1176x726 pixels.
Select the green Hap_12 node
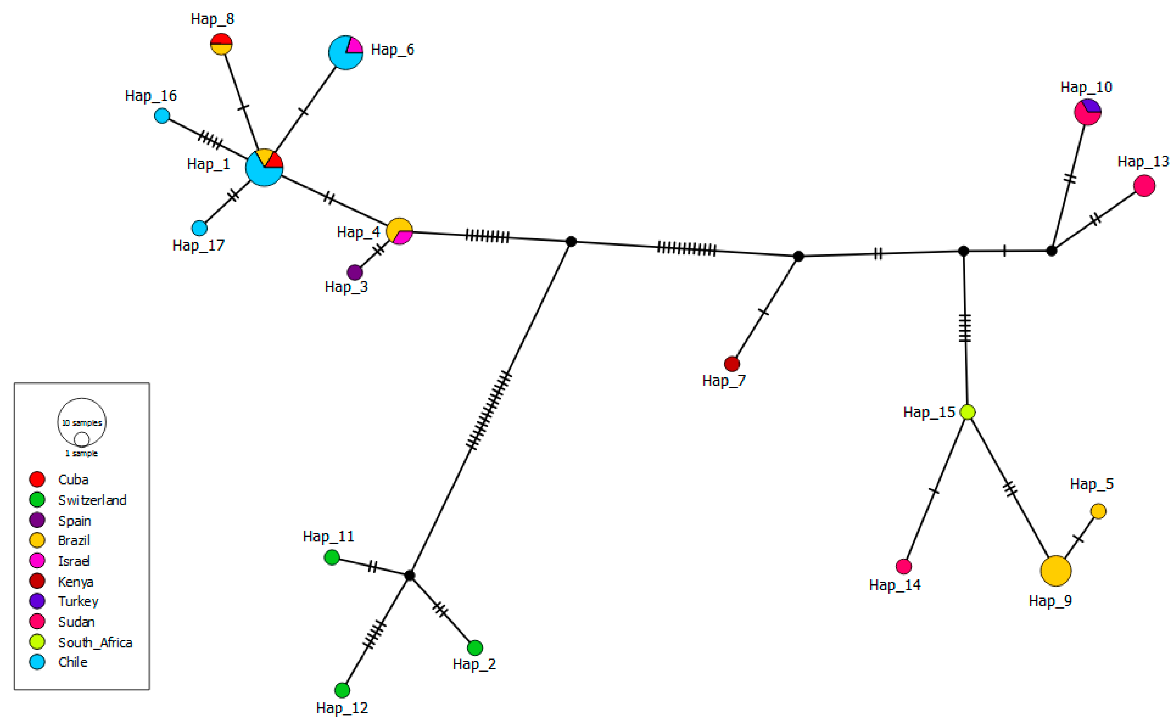point(342,690)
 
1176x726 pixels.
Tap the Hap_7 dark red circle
point(732,364)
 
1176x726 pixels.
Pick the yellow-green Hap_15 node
point(967,412)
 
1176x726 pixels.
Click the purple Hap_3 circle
point(354,272)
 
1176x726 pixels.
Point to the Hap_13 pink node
point(1144,185)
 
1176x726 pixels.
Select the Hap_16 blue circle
point(162,116)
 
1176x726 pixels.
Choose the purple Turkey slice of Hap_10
point(1090,105)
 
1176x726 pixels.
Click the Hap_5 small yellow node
point(1098,511)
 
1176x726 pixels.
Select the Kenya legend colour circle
point(37,581)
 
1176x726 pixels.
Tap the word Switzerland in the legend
point(92,500)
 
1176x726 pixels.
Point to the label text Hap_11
point(328,536)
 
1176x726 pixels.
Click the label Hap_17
point(198,245)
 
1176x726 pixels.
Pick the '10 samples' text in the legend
point(82,422)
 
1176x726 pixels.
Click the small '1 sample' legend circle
point(82,439)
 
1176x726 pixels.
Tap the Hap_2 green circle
point(475,648)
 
